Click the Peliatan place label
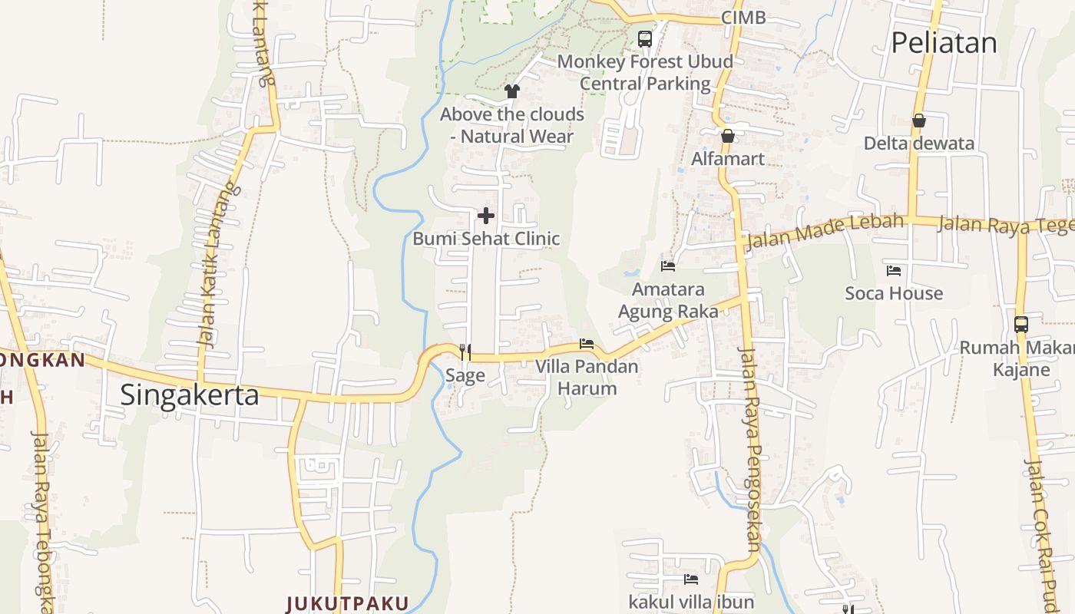[x=944, y=43]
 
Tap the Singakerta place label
[x=190, y=395]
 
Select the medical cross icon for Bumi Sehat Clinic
[x=486, y=216]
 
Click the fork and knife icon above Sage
[x=465, y=352]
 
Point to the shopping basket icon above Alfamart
[x=727, y=136]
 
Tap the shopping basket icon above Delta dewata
[x=918, y=120]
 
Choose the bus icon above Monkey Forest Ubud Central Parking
[x=645, y=38]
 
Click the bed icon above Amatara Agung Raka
[x=668, y=266]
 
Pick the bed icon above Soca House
[x=894, y=271]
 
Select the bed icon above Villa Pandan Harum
[x=587, y=344]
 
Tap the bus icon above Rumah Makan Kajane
[x=1020, y=325]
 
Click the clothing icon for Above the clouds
[x=512, y=91]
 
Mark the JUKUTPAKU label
[x=347, y=603]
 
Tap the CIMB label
[x=743, y=18]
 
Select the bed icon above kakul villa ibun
[x=691, y=579]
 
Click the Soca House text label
[x=894, y=293]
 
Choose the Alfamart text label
[x=728, y=159]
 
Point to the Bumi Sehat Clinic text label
[x=486, y=239]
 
